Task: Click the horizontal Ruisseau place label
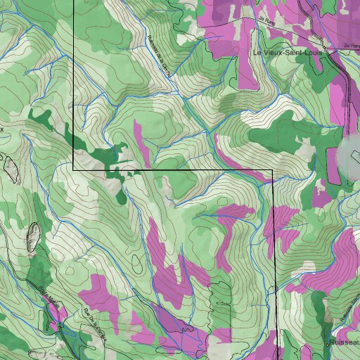pos(344,342)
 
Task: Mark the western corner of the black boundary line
pos(74,169)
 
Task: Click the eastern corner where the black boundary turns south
pos(272,169)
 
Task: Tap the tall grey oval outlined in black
pos(32,236)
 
